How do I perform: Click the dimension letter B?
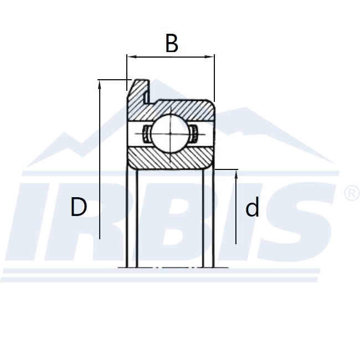tap(172, 43)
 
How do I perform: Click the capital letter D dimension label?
tap(79, 208)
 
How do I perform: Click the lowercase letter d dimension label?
tap(252, 208)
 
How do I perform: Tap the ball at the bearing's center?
tap(170, 133)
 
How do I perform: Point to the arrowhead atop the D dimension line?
tap(100, 84)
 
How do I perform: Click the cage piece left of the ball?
tap(146, 133)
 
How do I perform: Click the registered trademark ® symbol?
tap(352, 193)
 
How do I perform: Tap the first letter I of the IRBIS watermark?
tap(33, 222)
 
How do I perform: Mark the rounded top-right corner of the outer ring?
tap(212, 102)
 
